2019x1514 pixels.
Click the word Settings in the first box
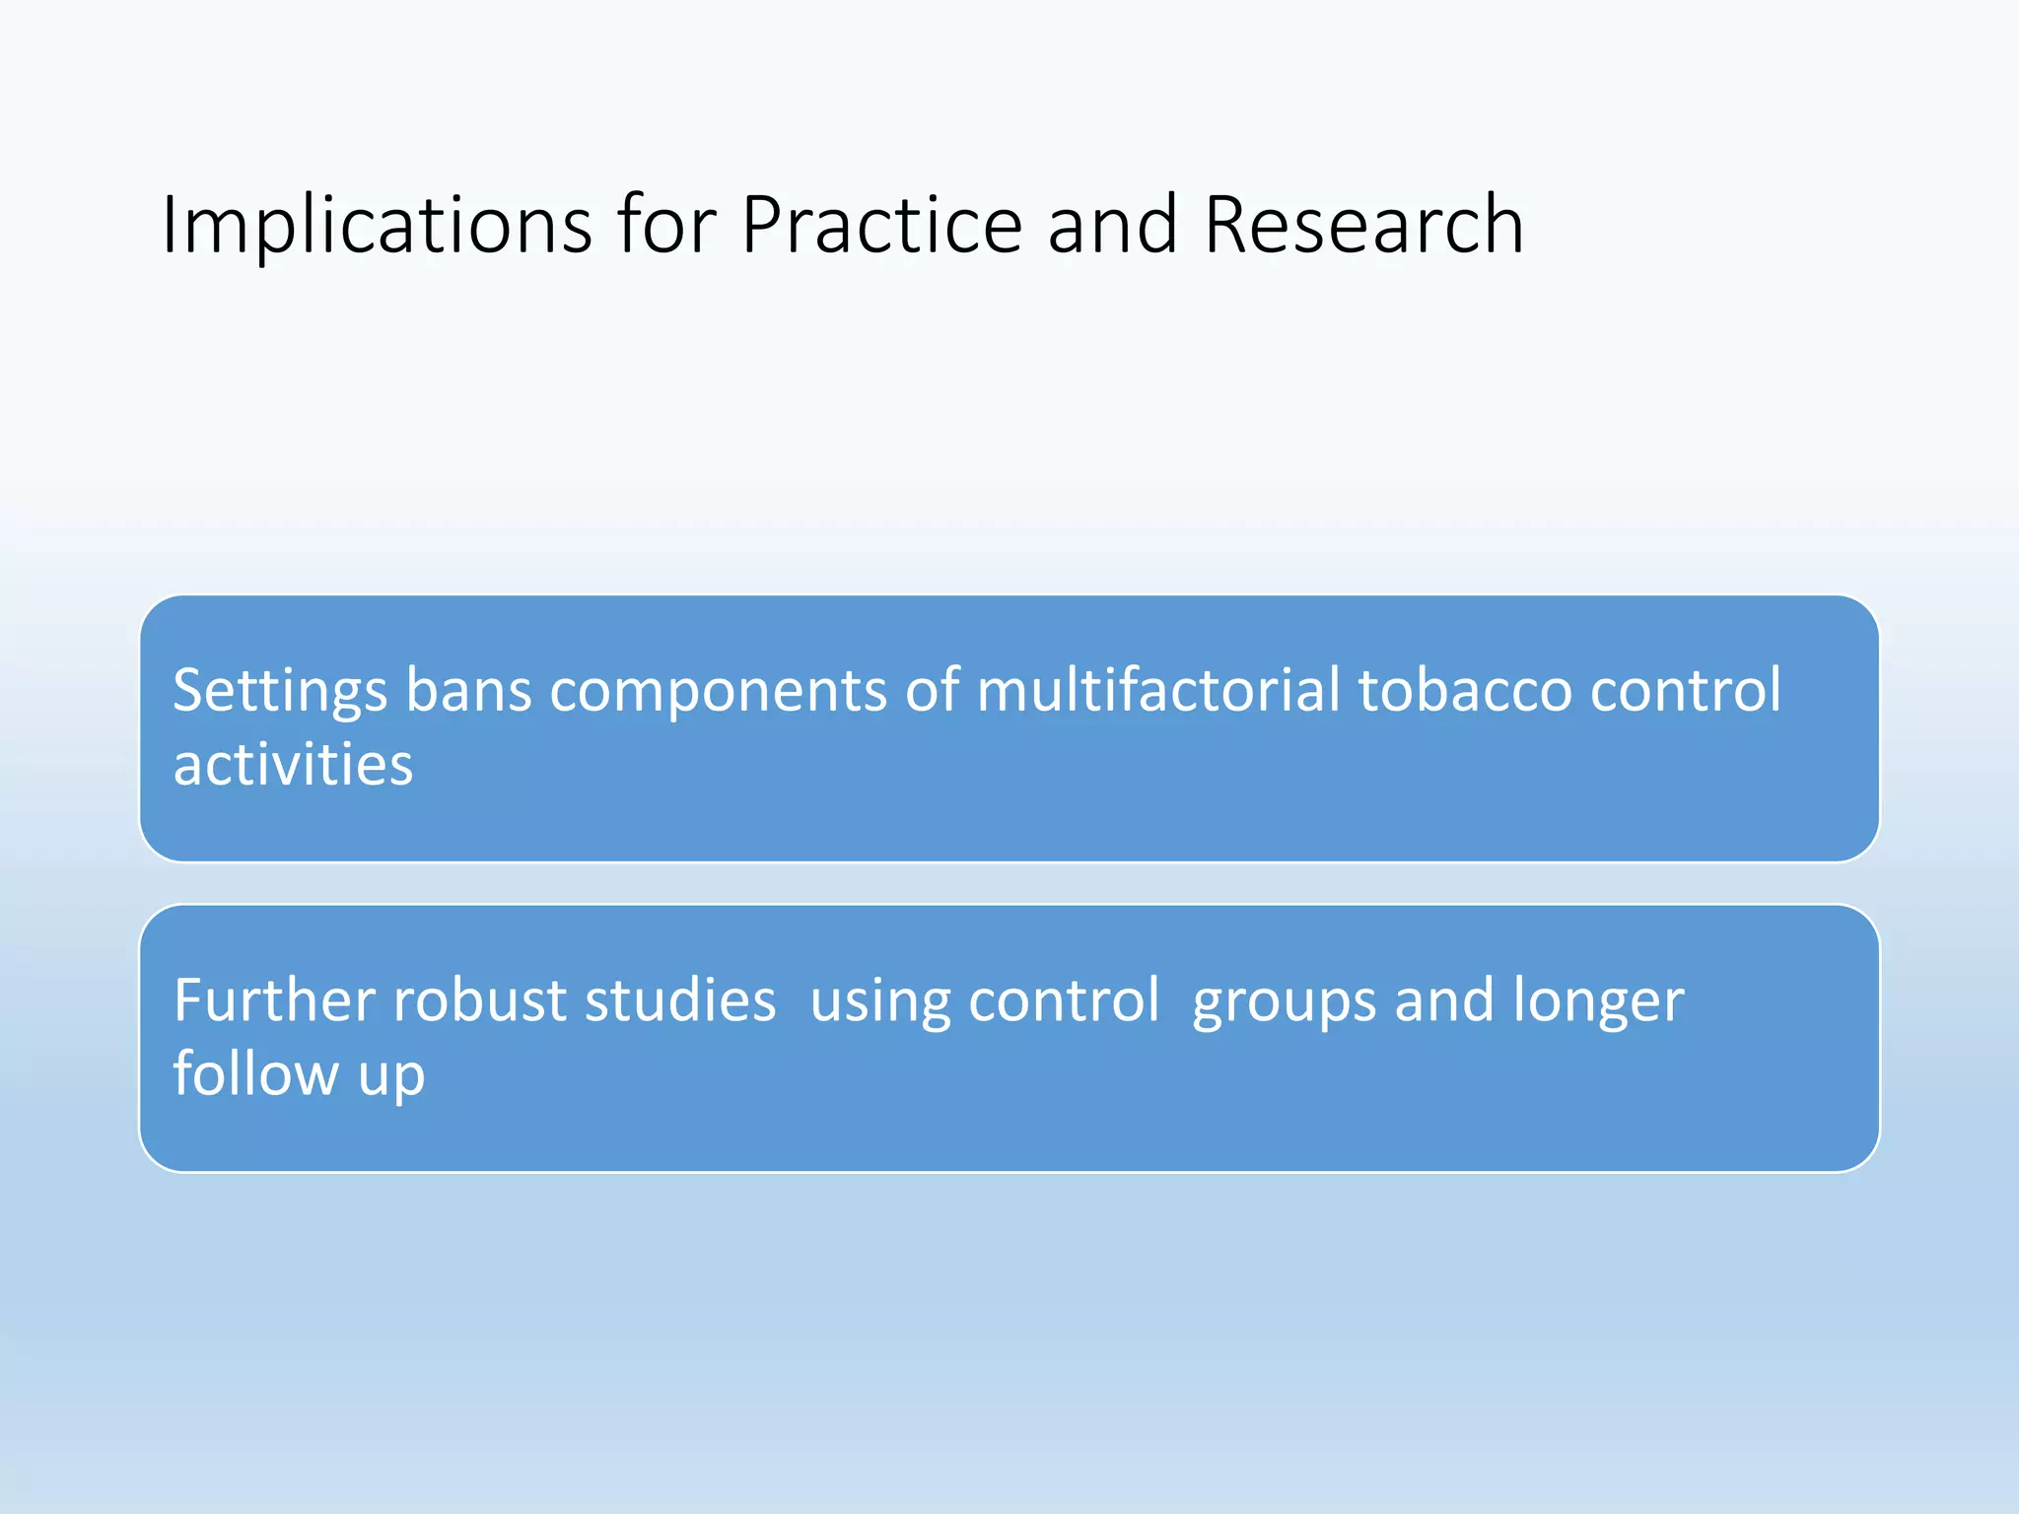280,692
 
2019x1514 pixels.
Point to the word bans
469,690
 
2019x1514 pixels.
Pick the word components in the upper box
718,692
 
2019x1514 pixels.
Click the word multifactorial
1158,690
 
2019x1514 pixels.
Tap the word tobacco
1465,690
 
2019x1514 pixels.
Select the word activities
293,765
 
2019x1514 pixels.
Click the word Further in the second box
274,1000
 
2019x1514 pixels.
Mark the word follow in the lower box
255,1073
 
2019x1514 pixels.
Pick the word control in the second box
1064,1000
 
